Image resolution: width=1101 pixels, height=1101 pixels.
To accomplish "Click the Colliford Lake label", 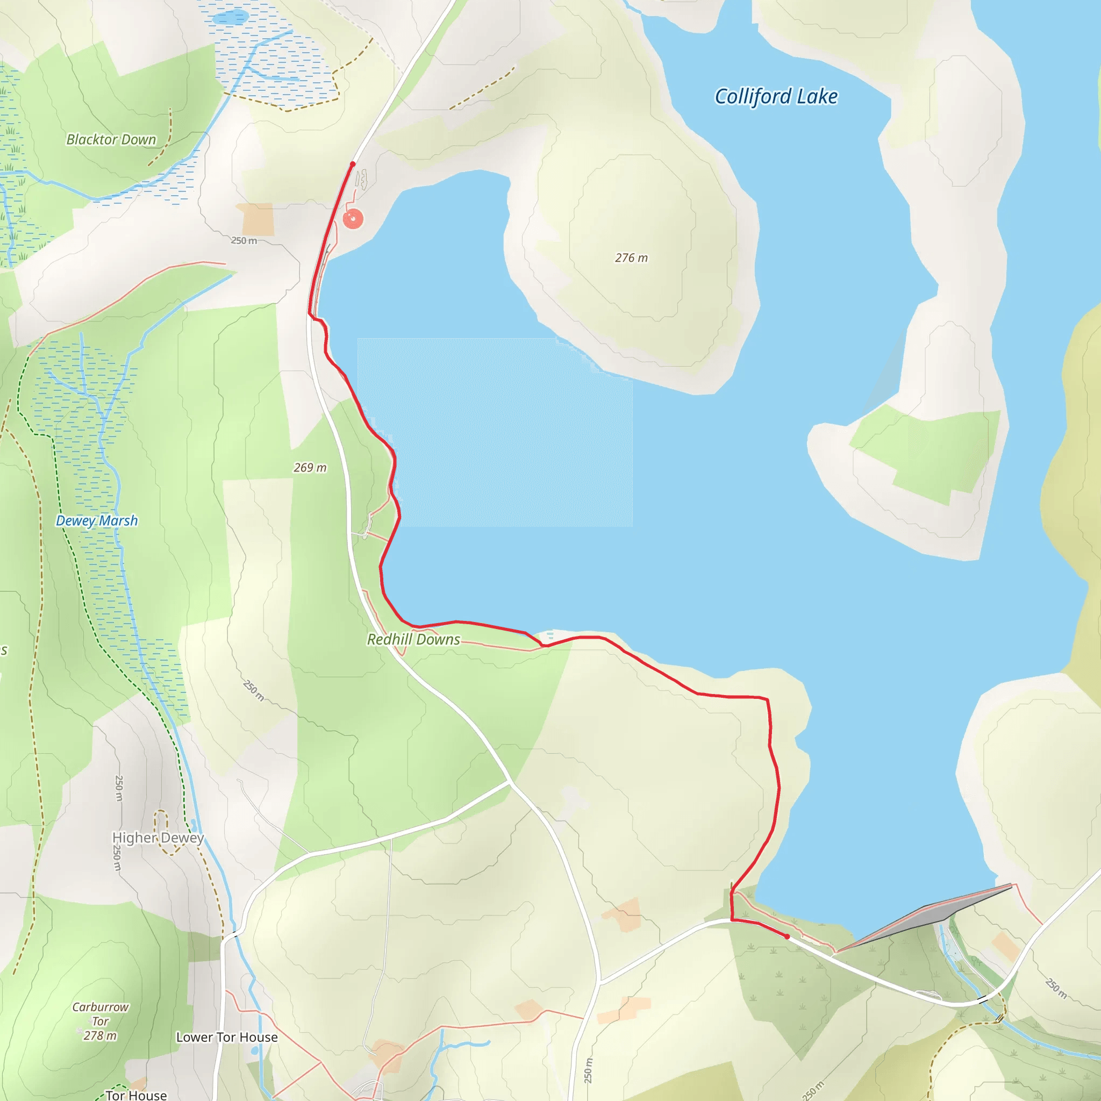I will click(776, 96).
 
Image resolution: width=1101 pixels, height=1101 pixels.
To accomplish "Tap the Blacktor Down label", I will click(111, 140).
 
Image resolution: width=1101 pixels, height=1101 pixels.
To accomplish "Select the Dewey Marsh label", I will click(97, 520).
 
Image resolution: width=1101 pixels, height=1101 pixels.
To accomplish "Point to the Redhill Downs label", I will click(413, 639).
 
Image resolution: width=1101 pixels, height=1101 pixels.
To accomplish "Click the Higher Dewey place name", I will click(158, 837).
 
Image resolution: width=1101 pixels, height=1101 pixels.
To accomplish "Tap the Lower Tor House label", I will click(227, 1036).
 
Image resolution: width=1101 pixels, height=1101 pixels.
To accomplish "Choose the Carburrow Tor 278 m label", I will click(101, 1021).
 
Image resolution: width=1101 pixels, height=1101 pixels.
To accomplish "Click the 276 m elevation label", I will click(631, 258).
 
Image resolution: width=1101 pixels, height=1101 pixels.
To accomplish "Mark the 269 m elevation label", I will click(310, 467).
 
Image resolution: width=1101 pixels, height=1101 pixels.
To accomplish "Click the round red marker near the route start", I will click(353, 218).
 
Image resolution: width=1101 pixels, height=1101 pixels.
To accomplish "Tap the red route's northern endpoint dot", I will click(353, 164).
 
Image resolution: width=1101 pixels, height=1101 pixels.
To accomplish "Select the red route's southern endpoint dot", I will click(787, 936).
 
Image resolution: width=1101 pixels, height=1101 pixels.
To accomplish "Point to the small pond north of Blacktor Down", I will click(230, 18).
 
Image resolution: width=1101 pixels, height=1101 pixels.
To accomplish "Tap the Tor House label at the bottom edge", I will click(136, 1095).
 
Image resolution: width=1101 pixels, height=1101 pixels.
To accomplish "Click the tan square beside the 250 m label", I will click(255, 219).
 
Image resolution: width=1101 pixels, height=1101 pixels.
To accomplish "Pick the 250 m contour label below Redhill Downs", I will click(254, 690).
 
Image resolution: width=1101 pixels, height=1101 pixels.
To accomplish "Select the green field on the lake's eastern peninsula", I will click(929, 453).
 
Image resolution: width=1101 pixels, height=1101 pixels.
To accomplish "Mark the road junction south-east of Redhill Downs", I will click(510, 782).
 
